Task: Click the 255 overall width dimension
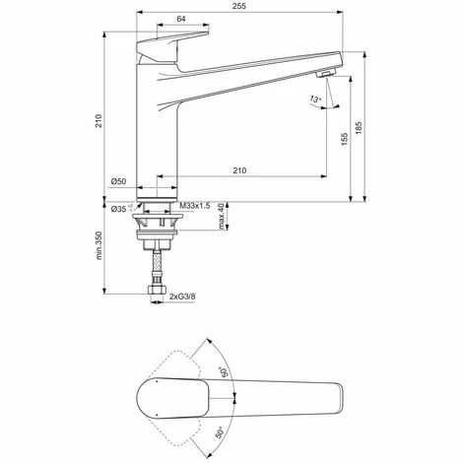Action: pos(240,6)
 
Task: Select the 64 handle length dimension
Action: pos(181,19)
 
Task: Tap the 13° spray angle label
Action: pos(315,99)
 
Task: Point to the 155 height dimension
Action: pos(344,140)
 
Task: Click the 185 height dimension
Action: pos(359,128)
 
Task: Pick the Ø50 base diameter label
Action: pos(118,181)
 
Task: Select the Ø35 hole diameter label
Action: pos(119,209)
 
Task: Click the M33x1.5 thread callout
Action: pos(195,206)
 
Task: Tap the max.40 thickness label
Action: pos(223,216)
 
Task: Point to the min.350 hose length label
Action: pos(99,245)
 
